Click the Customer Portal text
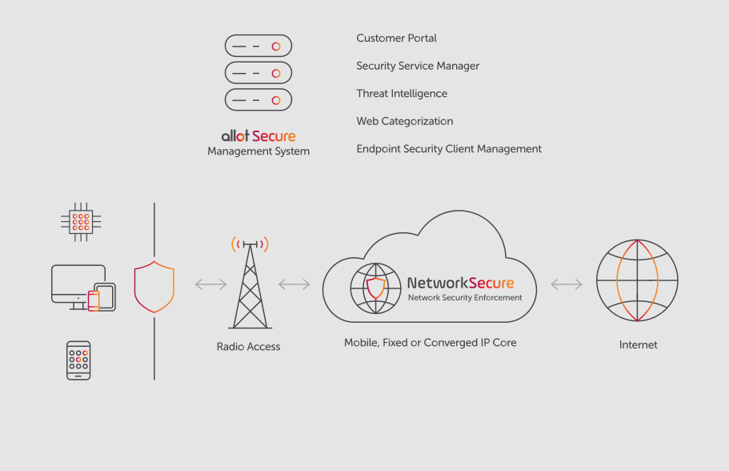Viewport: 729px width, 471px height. click(396, 38)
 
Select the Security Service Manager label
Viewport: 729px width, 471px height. click(418, 66)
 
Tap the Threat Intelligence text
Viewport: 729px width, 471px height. click(402, 94)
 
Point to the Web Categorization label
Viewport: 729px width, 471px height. click(405, 122)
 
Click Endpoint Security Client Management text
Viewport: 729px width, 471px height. click(449, 149)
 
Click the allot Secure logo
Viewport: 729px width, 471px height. click(258, 136)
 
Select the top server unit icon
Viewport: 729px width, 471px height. click(258, 46)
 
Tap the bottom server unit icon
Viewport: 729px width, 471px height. click(258, 100)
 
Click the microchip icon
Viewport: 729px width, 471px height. click(81, 222)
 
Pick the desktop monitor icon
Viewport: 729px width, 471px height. click(78, 284)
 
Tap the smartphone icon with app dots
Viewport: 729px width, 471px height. click(78, 360)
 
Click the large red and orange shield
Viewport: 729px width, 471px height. click(154, 286)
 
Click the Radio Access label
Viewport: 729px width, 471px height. click(249, 347)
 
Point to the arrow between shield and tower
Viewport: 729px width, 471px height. click(210, 284)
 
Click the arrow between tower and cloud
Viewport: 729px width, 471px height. click(294, 284)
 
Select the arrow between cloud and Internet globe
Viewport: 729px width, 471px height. click(567, 284)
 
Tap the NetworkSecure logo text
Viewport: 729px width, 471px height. click(460, 283)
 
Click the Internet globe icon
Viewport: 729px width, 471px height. click(638, 280)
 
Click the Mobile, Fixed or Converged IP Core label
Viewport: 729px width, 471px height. click(431, 343)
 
